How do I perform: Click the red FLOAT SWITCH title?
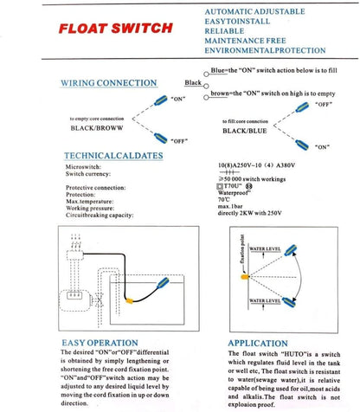pos(115,28)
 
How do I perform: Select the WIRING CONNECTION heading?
pos(108,83)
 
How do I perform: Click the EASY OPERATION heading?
pos(100,342)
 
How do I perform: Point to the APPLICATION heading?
pos(258,342)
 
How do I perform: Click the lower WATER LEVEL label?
pos(263,299)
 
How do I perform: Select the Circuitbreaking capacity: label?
pos(96,214)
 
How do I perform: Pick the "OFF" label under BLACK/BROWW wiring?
pos(179,140)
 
